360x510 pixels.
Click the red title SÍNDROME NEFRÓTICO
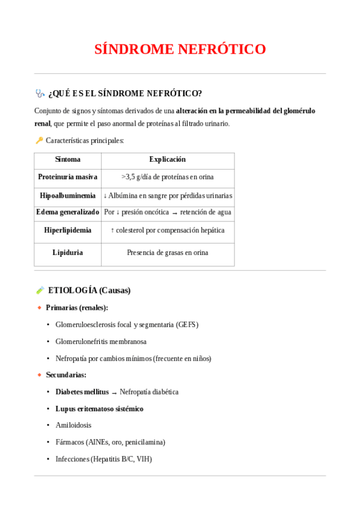pos(180,49)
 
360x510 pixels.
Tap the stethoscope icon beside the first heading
pos(40,93)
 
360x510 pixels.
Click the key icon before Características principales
pos(39,140)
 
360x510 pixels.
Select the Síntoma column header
pos(67,159)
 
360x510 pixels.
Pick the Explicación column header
pos(167,159)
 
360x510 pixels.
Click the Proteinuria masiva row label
pos(67,177)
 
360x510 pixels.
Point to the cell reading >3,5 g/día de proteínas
pos(167,177)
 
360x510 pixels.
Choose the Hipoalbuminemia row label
pos(67,195)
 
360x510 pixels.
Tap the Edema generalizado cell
pos(67,212)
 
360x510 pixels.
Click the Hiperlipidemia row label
pos(67,230)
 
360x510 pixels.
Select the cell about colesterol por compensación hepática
pos(167,230)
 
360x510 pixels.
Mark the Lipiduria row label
pos(67,253)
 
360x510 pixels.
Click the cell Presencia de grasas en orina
pos(167,253)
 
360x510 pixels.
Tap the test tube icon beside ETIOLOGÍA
pos(40,290)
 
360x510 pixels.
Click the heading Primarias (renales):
pos(77,307)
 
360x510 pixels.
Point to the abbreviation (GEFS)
pos(187,325)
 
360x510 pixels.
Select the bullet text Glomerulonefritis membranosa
pos(101,342)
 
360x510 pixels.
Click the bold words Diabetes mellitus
pos(82,392)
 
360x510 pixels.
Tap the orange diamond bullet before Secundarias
pos(40,375)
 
